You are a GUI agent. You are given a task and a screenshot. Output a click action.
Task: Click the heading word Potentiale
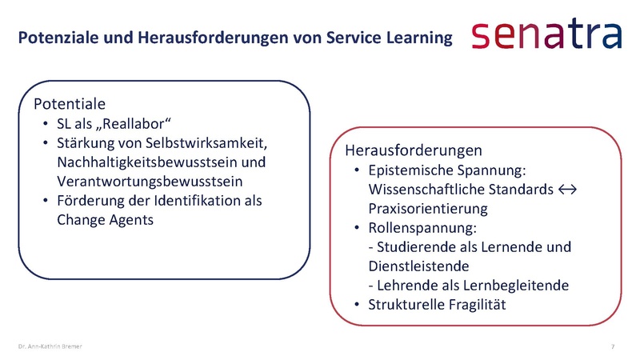click(70, 104)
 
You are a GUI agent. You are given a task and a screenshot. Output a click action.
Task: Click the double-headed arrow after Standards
click(568, 190)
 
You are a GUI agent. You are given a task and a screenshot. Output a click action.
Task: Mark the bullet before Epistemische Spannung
click(358, 171)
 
